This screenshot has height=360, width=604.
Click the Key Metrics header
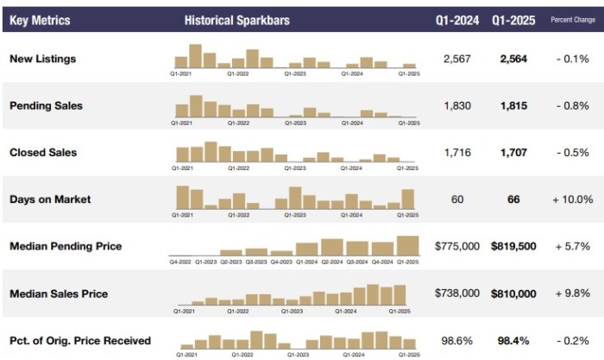pos(40,20)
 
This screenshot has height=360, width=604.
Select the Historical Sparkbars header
pos(236,20)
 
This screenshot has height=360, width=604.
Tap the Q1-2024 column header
pos(457,20)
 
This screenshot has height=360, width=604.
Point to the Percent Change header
pos(571,20)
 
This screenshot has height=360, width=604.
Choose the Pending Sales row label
pos(46,105)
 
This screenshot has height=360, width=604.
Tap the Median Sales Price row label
pos(59,294)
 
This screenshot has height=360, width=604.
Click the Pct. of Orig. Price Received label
pos(80,341)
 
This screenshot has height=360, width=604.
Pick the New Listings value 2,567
pos(457,59)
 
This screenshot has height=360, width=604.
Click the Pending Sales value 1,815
pos(513,105)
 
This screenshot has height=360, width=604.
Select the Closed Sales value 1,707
pos(513,153)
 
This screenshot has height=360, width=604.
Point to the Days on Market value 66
pos(513,199)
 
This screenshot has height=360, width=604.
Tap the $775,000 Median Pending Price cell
pos(457,246)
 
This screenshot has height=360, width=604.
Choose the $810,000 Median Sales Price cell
pos(513,294)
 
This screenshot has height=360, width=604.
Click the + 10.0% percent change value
pos(572,199)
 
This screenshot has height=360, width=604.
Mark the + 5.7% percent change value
pos(572,246)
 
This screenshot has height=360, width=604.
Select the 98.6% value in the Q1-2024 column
pos(457,341)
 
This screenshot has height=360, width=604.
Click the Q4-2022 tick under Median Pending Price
pos(180,261)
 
